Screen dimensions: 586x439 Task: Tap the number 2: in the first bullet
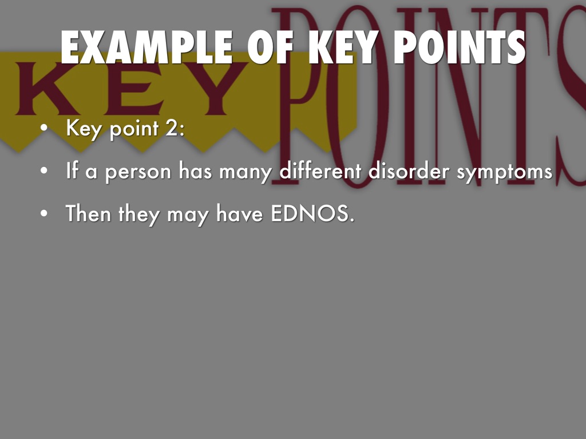[175, 128]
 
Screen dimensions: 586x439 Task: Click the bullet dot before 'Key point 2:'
[44, 128]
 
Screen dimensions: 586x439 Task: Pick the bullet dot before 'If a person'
[44, 171]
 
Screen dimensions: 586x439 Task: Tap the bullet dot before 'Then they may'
[44, 214]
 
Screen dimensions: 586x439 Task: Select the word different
[320, 171]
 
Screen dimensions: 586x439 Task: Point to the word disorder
[409, 171]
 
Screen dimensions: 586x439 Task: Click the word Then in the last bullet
[88, 214]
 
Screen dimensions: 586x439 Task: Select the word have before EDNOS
[240, 214]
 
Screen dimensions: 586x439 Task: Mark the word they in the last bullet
[139, 215]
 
